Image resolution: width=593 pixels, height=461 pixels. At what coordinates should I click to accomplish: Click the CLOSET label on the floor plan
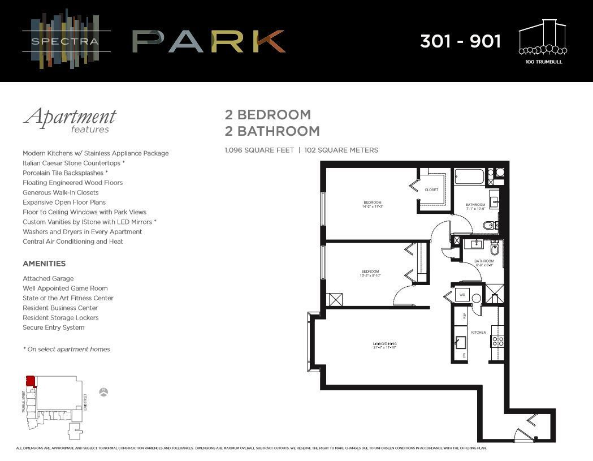[x=431, y=190]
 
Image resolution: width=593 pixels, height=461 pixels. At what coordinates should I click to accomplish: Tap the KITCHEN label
[x=478, y=332]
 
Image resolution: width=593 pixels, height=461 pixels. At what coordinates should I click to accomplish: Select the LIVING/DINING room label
[x=384, y=344]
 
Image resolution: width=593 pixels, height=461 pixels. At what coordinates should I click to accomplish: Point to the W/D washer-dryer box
[x=462, y=295]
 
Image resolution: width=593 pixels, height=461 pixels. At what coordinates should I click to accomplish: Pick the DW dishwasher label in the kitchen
[x=465, y=355]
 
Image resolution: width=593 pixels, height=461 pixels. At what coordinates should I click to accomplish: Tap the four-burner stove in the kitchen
[x=497, y=341]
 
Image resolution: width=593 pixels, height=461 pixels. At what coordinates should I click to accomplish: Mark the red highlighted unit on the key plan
[x=31, y=381]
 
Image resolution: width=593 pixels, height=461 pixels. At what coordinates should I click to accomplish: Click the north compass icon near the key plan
[x=103, y=392]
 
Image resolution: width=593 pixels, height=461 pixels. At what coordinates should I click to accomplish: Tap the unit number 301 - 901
[x=460, y=41]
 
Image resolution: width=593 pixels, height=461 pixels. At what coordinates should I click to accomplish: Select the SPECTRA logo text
[x=57, y=41]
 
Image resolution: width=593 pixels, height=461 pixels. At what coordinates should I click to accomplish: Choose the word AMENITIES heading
[x=44, y=264]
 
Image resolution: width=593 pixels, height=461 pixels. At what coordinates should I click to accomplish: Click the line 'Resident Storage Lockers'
[x=60, y=318]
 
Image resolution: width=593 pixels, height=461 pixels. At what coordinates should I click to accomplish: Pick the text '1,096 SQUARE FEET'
[x=259, y=150]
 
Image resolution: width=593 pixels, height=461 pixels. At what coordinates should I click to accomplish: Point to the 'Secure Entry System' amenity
[x=53, y=328]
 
